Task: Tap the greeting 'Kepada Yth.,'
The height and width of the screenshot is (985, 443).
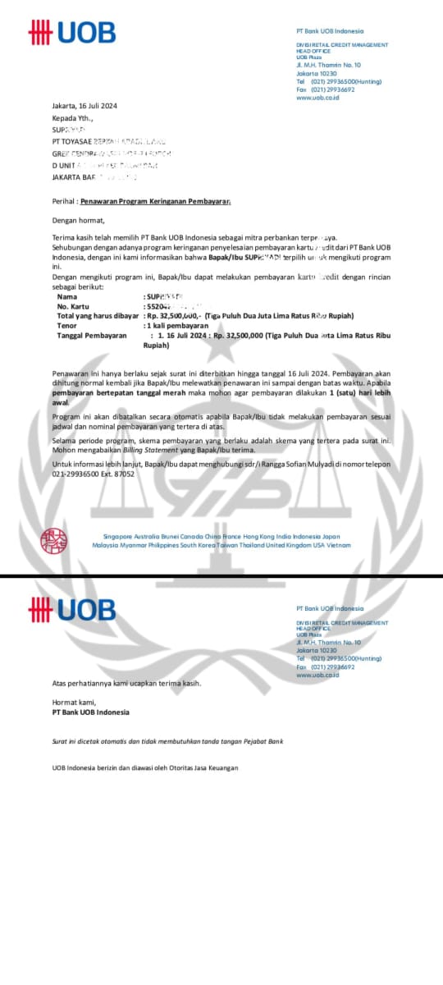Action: point(72,117)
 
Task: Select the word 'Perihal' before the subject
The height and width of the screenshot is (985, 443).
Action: point(64,200)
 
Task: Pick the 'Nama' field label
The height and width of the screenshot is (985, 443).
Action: point(66,296)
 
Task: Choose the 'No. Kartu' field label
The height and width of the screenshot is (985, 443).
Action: point(72,305)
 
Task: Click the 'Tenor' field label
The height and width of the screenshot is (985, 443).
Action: point(67,325)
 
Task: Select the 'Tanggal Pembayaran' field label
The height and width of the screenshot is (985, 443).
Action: point(92,336)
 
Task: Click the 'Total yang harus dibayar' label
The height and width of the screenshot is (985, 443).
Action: point(98,315)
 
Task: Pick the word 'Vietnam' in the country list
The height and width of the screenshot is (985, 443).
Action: point(328,544)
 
